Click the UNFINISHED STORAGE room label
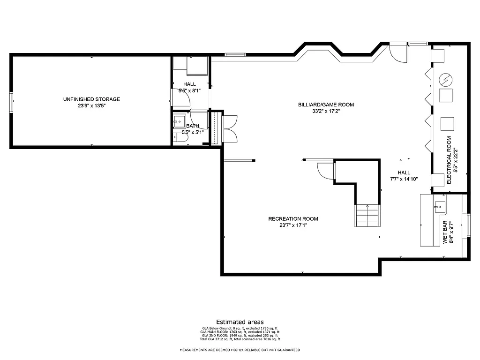[x=91, y=99]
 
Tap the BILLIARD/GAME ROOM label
[x=326, y=105]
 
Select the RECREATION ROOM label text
[x=293, y=219]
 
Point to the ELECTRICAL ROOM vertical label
[x=449, y=160]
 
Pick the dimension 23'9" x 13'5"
[x=91, y=106]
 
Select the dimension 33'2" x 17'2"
[x=326, y=112]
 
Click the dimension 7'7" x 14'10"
[x=404, y=179]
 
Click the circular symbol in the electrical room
[x=444, y=80]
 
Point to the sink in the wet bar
[x=439, y=205]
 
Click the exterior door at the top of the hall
[x=397, y=52]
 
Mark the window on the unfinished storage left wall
[x=11, y=102]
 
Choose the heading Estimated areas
[x=240, y=322]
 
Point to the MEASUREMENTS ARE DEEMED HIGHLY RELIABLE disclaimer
[x=240, y=350]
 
